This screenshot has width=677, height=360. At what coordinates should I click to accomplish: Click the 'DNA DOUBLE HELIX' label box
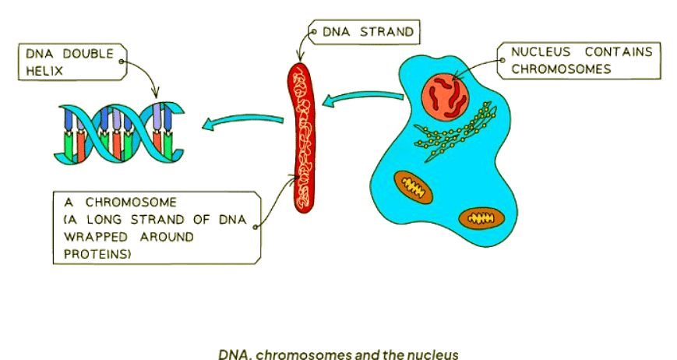tap(72, 62)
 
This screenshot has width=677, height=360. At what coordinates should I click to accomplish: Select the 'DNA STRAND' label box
tap(362, 33)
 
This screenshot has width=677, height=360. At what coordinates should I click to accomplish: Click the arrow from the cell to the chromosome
tap(362, 100)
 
